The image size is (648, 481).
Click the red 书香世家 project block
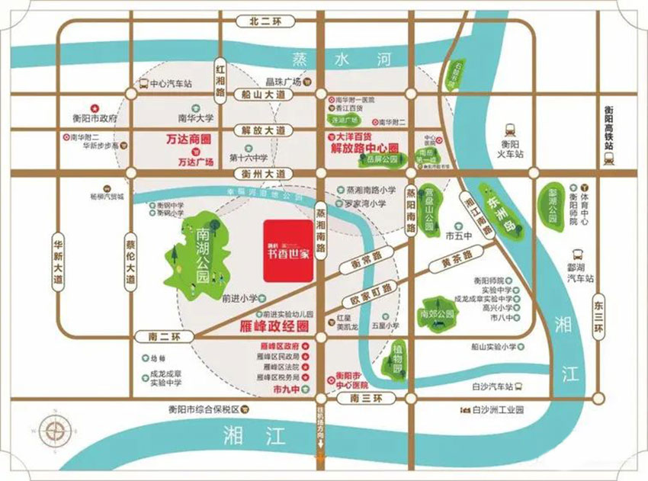click(287, 251)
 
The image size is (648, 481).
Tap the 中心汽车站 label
click(171, 84)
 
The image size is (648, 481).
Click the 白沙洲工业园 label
click(497, 409)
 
